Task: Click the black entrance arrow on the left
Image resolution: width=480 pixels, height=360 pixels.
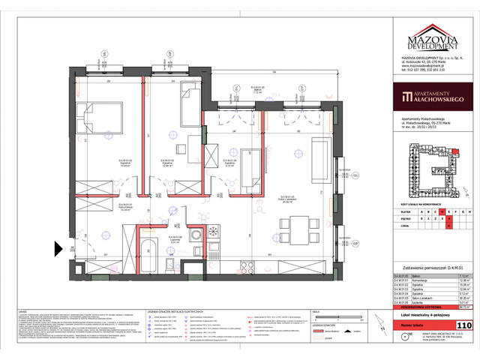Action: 59,248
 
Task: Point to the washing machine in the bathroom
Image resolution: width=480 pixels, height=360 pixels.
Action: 193,233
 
